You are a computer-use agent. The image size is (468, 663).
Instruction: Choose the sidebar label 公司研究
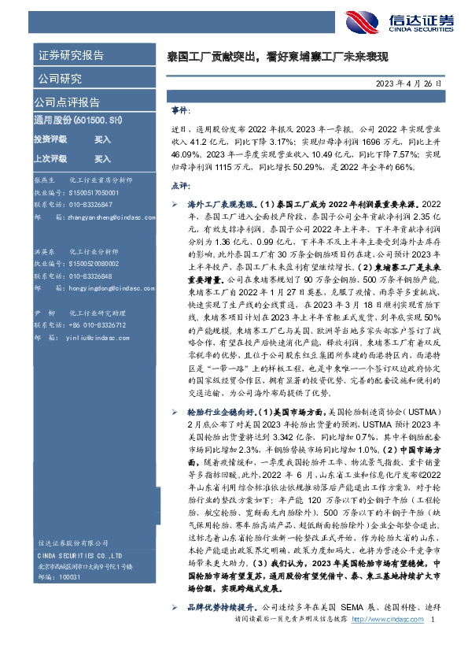pyautogui.click(x=58, y=78)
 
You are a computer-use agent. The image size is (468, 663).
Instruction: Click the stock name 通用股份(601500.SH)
pyautogui.click(x=78, y=120)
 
